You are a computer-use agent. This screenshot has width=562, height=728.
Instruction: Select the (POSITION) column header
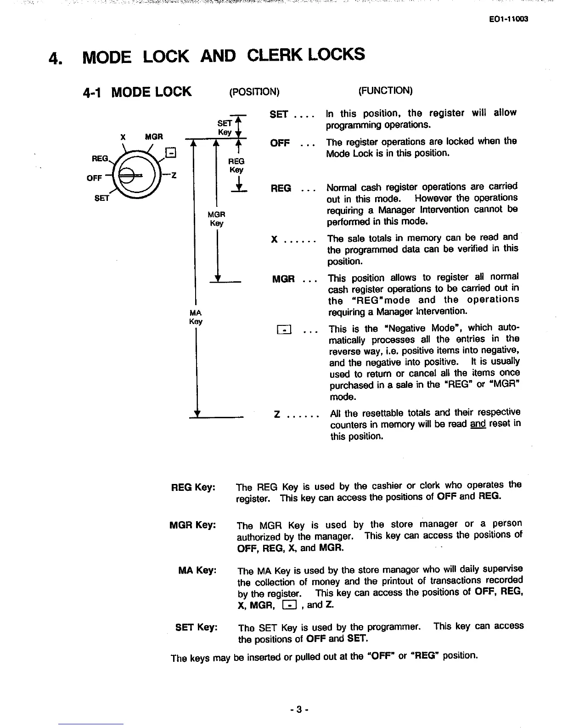(254, 91)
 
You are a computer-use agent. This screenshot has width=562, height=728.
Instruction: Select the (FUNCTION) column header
(385, 90)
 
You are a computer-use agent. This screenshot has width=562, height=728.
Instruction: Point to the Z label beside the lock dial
(174, 175)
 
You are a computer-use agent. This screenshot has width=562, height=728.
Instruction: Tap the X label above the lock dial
(123, 136)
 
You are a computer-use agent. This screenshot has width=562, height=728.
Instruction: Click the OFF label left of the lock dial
(94, 178)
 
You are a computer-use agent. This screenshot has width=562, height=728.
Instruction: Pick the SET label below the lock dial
(101, 198)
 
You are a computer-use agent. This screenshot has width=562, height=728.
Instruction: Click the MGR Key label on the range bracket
(216, 219)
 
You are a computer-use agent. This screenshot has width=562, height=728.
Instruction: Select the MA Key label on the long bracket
(196, 317)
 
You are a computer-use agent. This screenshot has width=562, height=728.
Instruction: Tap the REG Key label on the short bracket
(236, 165)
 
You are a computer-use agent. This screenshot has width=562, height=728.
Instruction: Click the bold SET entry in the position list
(279, 114)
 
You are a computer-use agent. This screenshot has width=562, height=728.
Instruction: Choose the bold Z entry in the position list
(277, 415)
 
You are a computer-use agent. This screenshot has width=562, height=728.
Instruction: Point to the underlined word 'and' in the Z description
(478, 424)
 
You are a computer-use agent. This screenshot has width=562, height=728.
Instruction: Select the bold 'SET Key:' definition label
(196, 627)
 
